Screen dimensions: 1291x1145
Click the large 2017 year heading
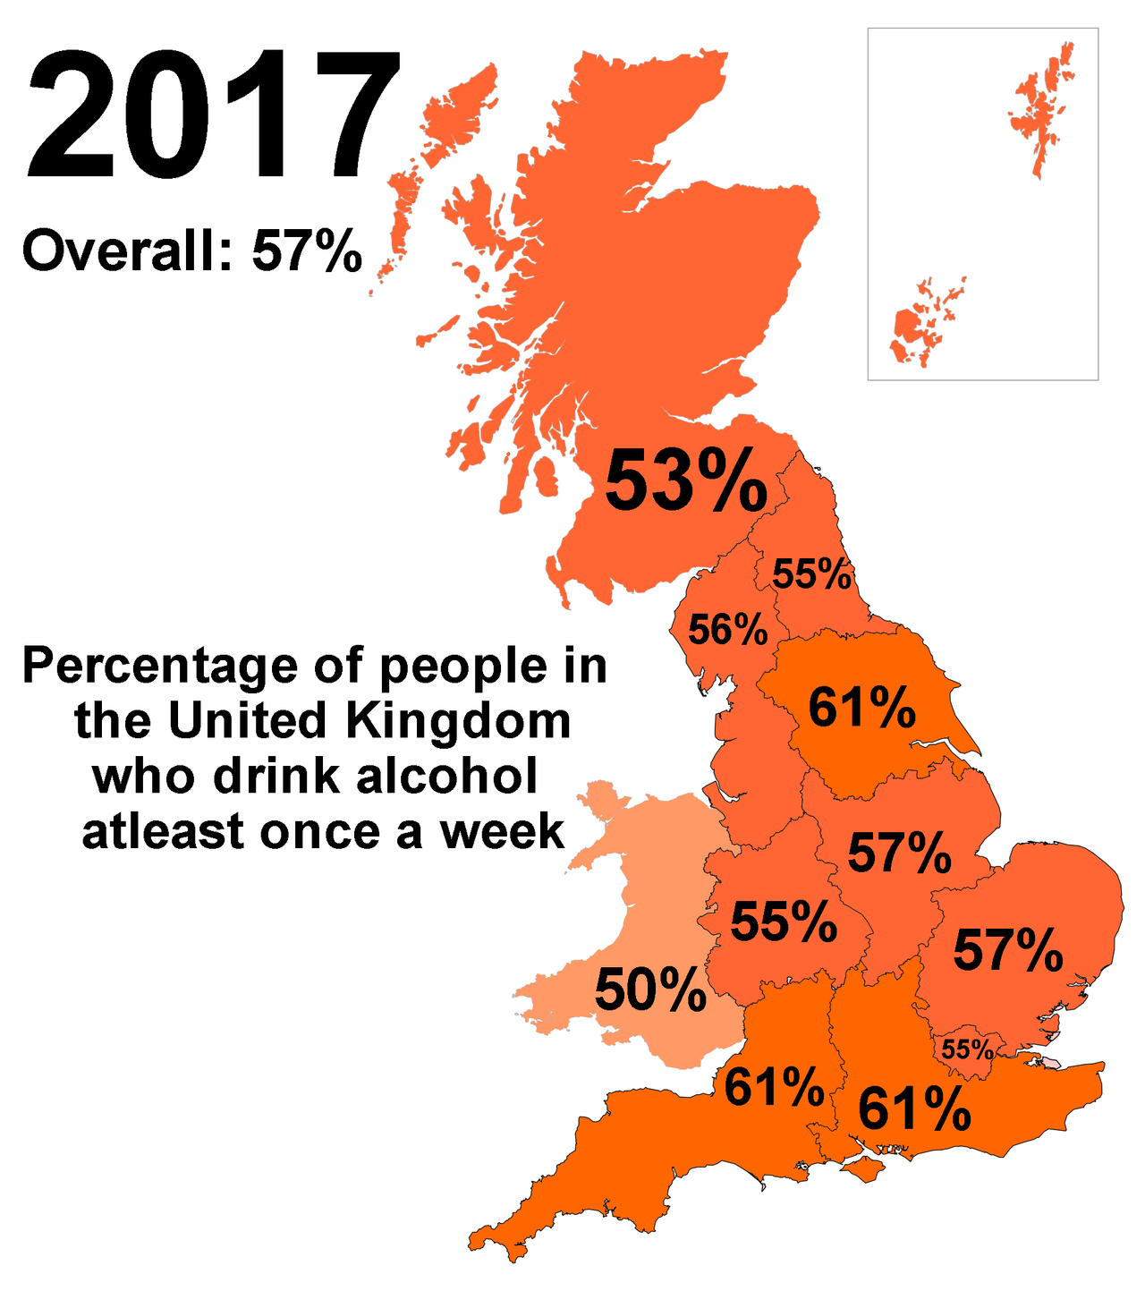click(x=213, y=117)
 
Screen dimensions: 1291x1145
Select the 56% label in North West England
click(x=728, y=630)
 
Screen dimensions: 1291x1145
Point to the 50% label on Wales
click(x=650, y=990)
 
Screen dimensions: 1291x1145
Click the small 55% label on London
click(x=967, y=1049)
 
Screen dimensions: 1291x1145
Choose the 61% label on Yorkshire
click(x=862, y=708)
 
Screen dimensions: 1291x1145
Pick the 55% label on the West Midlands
click(x=785, y=922)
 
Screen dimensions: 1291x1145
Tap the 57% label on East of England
click(x=1008, y=950)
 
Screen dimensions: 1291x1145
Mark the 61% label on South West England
click(x=775, y=1087)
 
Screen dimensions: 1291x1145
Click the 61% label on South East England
click(x=914, y=1110)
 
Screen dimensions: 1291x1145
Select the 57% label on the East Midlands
click(x=900, y=853)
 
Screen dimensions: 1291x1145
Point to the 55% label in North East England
click(x=812, y=574)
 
